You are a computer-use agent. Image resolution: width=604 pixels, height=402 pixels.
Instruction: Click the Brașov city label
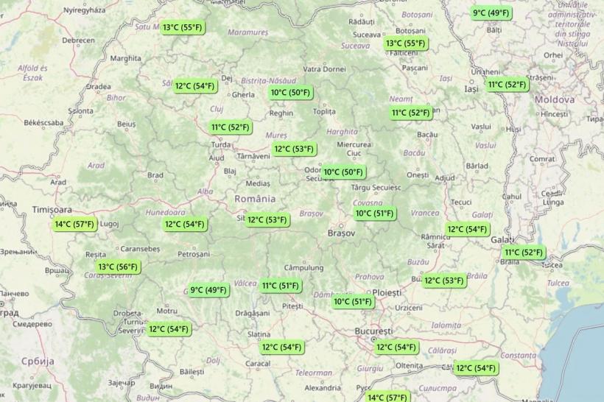(x=341, y=233)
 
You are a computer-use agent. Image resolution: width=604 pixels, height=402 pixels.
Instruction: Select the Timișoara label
(x=52, y=210)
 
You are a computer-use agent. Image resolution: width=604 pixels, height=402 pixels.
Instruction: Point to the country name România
(x=255, y=199)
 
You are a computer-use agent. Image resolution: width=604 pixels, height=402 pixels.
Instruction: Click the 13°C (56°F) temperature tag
(x=118, y=267)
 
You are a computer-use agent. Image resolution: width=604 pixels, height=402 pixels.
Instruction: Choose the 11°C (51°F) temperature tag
(x=280, y=286)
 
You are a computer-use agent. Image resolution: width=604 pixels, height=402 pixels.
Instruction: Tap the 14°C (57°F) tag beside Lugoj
(x=74, y=225)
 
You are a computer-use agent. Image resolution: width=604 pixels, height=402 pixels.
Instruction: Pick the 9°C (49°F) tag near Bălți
(x=491, y=13)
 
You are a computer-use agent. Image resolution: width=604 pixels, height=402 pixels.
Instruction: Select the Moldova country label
(x=555, y=99)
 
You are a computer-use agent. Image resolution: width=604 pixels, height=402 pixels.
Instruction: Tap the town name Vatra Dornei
(x=324, y=69)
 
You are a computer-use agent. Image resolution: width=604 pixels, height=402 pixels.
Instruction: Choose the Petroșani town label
(x=194, y=254)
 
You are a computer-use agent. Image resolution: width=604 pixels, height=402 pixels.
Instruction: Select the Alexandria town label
(x=323, y=387)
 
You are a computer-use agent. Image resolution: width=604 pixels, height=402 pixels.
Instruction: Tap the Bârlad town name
(x=477, y=166)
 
